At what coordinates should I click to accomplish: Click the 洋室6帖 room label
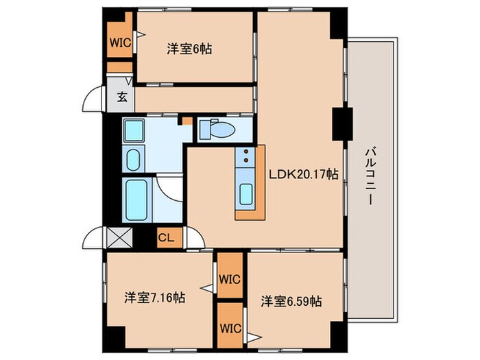188,49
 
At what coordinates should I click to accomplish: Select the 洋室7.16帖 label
154,298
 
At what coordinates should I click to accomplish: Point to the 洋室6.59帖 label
291,301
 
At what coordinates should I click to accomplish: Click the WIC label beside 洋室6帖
119,41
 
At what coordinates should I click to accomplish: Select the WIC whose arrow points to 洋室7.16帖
230,278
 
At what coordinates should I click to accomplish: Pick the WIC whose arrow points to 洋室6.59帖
230,327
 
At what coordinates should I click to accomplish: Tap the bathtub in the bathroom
137,200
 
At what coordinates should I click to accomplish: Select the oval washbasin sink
133,161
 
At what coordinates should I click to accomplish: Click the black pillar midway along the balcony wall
341,123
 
